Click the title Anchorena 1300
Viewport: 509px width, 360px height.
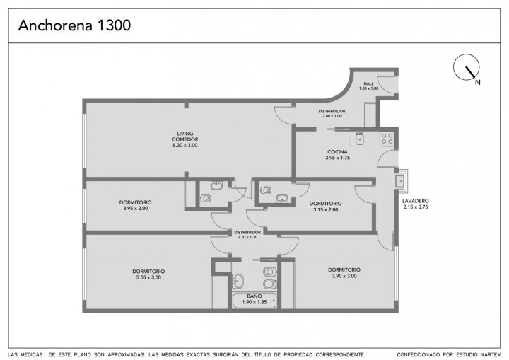[74, 25]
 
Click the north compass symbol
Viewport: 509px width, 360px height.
[467, 67]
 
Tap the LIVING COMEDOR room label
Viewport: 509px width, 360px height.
[185, 139]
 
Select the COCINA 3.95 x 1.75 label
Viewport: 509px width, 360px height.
[337, 155]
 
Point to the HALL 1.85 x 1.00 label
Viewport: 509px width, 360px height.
[368, 86]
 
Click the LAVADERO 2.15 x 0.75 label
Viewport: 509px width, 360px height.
[416, 204]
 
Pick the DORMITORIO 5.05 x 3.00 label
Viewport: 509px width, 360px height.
[148, 274]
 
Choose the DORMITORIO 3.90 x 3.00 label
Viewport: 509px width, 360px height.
[344, 272]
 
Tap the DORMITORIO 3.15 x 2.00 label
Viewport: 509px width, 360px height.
[326, 207]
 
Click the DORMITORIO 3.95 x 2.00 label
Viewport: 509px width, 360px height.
[135, 205]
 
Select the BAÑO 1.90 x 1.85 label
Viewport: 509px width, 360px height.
[255, 299]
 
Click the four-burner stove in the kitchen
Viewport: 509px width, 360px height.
[387, 139]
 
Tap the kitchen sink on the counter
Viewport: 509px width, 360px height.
[360, 139]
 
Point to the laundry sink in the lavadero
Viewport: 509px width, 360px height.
[400, 181]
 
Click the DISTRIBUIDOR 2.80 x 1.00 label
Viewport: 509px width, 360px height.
[332, 113]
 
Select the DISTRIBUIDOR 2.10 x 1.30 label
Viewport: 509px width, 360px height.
[247, 235]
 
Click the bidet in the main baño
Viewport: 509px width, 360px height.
[270, 284]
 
